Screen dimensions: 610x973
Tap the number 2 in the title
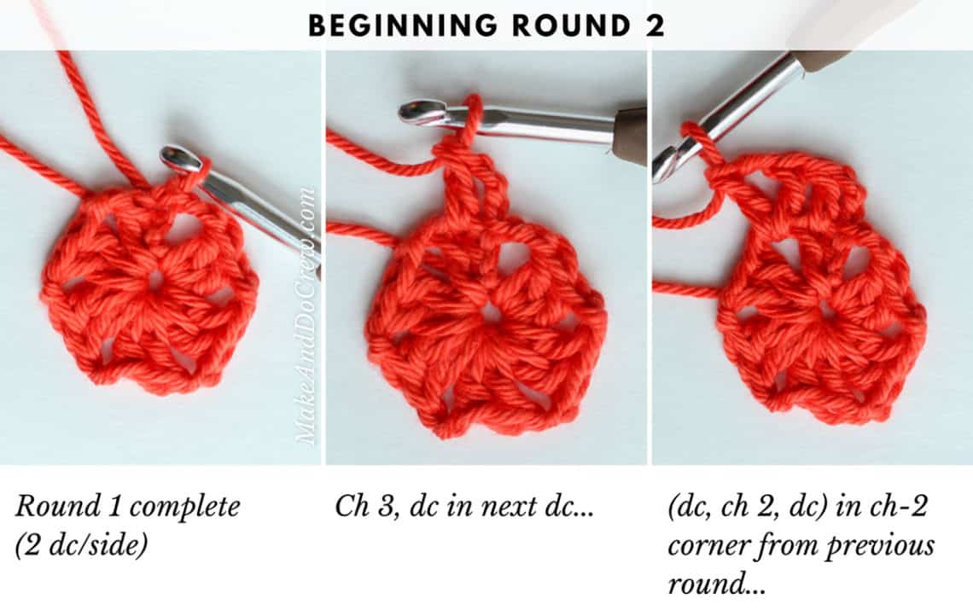tap(655, 26)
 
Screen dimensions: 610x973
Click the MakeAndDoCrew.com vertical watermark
tap(306, 316)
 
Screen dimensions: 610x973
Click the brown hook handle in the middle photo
tap(630, 134)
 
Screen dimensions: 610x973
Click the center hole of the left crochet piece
tap(155, 279)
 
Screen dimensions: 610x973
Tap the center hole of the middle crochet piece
tap(490, 312)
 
